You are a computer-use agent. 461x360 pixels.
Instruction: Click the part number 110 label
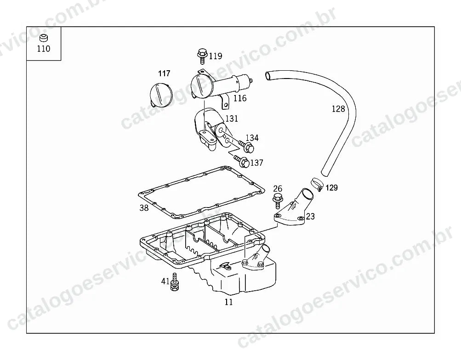click(44, 49)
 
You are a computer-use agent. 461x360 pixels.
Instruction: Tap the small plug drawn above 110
click(44, 38)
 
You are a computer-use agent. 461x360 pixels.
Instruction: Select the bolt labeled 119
click(202, 56)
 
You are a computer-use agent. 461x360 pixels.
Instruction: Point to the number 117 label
click(164, 73)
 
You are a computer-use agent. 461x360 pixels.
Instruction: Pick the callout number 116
click(240, 98)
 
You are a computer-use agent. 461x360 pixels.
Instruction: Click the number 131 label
click(232, 118)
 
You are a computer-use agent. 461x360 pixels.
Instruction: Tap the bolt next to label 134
click(246, 146)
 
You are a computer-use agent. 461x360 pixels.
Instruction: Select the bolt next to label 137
click(242, 161)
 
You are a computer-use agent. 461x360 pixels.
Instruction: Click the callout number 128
click(338, 109)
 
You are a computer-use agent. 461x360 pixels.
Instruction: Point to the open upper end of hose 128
click(268, 76)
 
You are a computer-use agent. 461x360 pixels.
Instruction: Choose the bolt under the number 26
click(278, 199)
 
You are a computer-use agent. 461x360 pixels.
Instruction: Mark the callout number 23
click(310, 216)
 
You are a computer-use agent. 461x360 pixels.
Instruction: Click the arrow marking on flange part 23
click(294, 206)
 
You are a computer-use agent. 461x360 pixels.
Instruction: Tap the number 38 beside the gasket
click(144, 208)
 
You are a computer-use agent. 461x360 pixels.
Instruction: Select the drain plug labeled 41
click(174, 282)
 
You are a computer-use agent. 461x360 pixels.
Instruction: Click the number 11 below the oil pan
click(228, 302)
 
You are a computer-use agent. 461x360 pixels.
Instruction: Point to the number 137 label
click(256, 163)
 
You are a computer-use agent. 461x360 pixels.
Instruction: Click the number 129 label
click(332, 188)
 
